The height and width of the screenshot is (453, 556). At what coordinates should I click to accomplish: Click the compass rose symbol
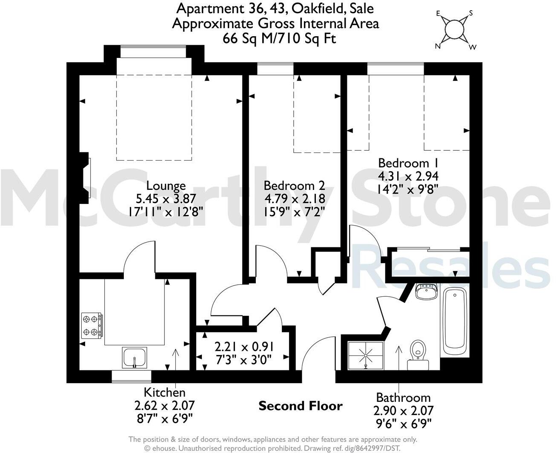454,30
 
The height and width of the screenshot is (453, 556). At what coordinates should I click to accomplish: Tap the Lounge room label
166,186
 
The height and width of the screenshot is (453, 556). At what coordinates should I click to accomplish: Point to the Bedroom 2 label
294,186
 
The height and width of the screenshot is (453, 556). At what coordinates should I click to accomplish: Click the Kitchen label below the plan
164,392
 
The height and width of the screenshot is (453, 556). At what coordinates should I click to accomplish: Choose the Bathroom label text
403,398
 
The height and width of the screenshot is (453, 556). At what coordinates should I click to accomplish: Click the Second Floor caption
301,406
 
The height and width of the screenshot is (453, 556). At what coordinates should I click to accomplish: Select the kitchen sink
135,357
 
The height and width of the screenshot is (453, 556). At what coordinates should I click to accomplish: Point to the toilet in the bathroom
418,353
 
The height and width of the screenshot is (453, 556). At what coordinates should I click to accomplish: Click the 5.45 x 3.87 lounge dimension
166,198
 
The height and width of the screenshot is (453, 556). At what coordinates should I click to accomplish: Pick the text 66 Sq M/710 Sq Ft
279,38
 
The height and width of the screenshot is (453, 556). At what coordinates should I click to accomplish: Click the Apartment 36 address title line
275,8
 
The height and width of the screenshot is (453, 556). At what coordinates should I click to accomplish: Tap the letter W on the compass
472,47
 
